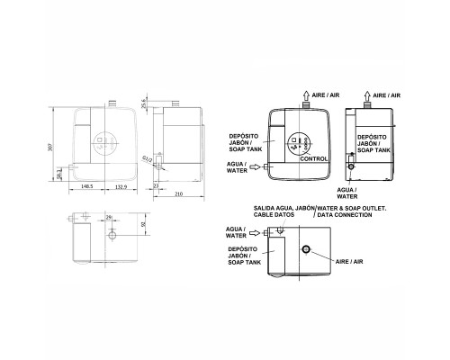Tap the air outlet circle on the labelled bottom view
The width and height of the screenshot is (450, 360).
tap(307, 248)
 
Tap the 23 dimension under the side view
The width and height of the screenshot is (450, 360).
tap(156, 185)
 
